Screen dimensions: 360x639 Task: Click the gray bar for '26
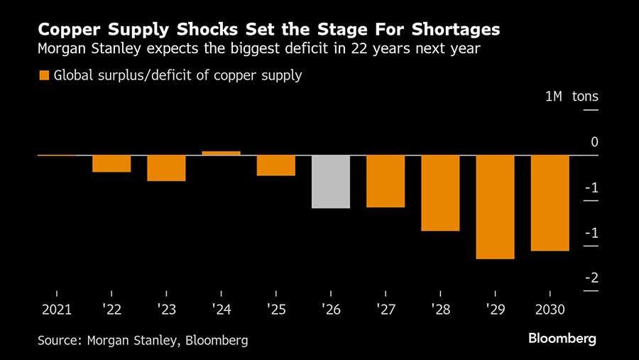pyautogui.click(x=331, y=181)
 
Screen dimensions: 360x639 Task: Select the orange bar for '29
pyautogui.click(x=495, y=207)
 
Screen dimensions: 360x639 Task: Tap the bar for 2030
pyautogui.click(x=550, y=202)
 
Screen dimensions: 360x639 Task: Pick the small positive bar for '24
pyautogui.click(x=221, y=153)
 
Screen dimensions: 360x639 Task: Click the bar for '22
pyautogui.click(x=111, y=163)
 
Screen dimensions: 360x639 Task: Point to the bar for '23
pyautogui.click(x=166, y=168)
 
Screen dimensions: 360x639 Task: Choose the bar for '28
pyautogui.click(x=440, y=192)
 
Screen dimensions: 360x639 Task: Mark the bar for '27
pyautogui.click(x=386, y=181)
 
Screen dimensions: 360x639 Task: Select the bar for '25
pyautogui.click(x=276, y=165)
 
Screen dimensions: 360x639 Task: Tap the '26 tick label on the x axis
pyautogui.click(x=331, y=310)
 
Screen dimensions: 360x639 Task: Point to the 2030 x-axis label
pyautogui.click(x=550, y=310)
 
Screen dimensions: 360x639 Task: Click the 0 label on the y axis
pyautogui.click(x=594, y=142)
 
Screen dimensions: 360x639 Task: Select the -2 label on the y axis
pyautogui.click(x=591, y=278)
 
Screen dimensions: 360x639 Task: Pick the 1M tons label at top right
pyautogui.click(x=572, y=97)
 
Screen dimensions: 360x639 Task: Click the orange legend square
pyautogui.click(x=44, y=75)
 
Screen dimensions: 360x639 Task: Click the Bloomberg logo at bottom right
pyautogui.click(x=562, y=339)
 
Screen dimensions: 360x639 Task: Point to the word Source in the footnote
pyautogui.click(x=59, y=340)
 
